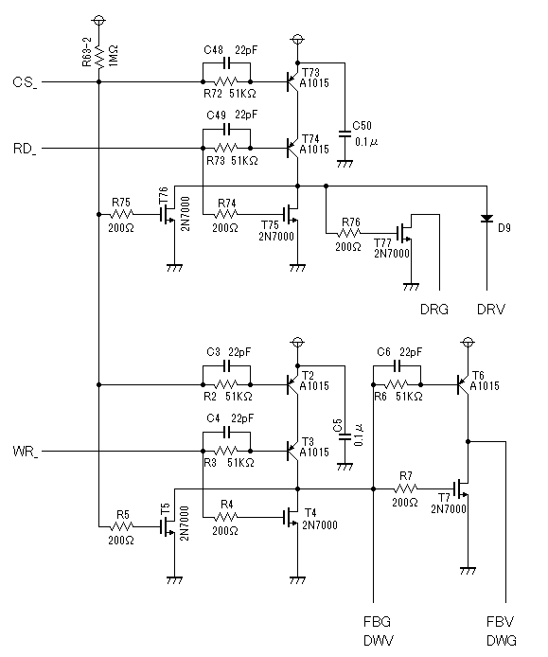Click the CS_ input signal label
[26, 82]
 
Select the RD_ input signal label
[25, 150]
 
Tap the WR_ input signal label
[26, 453]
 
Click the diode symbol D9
[486, 219]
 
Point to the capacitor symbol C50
[345, 133]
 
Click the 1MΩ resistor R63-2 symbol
[98, 58]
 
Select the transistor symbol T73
[292, 81]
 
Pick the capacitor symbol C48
[226, 63]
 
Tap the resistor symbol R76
[349, 233]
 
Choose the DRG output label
[434, 310]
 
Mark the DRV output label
[491, 310]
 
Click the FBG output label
[377, 621]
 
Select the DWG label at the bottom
[502, 641]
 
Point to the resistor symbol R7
[405, 488]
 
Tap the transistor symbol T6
[463, 384]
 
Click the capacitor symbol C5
[345, 436]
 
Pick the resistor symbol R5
[122, 526]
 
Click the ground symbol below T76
[174, 267]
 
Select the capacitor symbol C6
[398, 366]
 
